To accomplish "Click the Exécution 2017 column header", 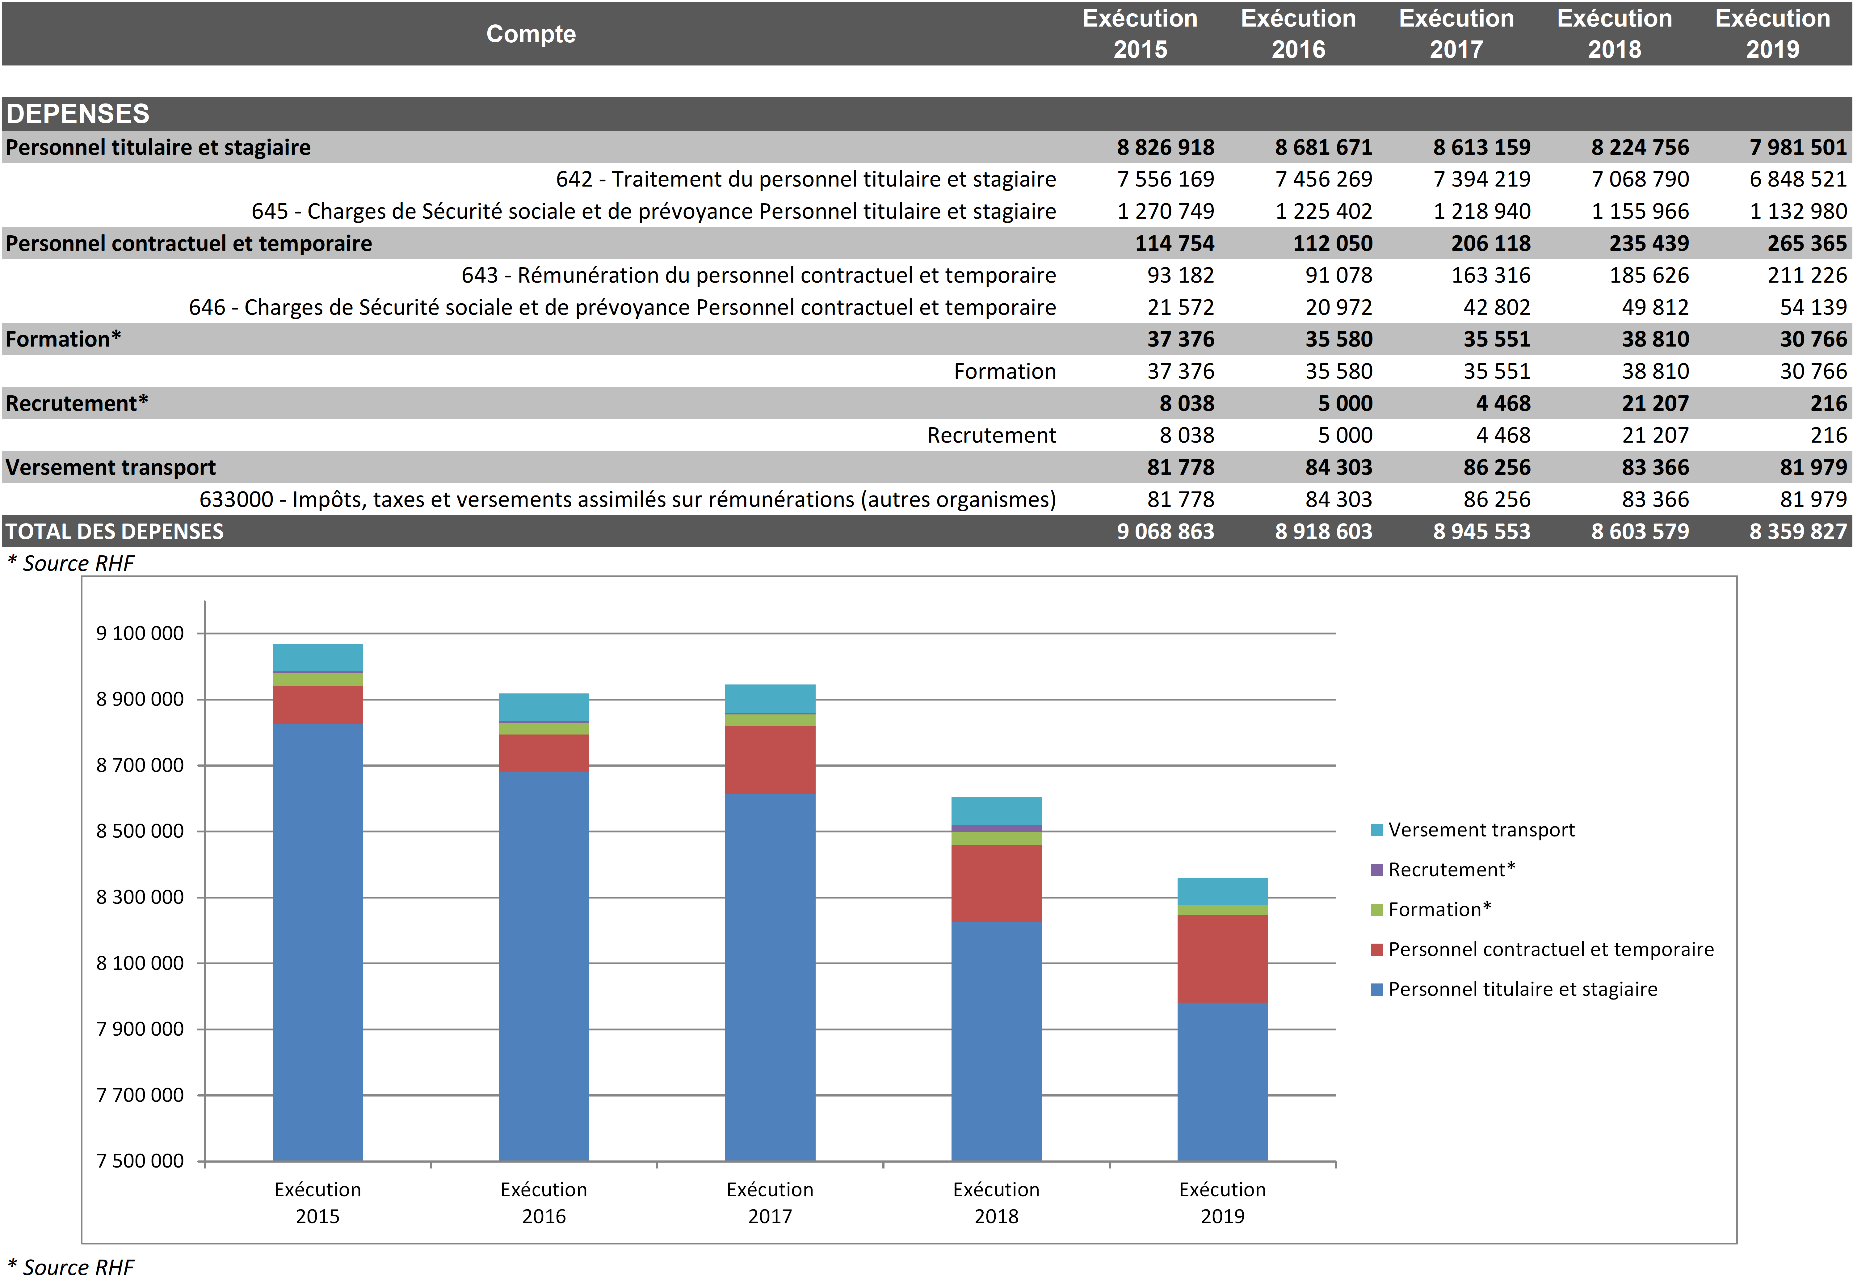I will tap(1456, 34).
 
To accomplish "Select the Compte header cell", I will tap(531, 34).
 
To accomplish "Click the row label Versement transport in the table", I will tap(111, 467).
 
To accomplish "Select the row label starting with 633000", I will tap(627, 499).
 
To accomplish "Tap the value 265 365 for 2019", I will tap(1806, 243).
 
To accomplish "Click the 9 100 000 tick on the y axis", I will tap(140, 633).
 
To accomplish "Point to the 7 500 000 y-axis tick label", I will tap(140, 1161).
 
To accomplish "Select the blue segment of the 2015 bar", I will tap(318, 941).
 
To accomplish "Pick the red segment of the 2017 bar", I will tap(770, 760).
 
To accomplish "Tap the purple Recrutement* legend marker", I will tap(1377, 870).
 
